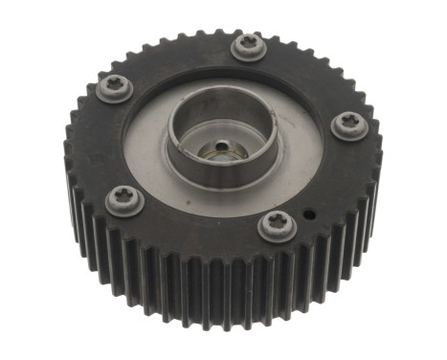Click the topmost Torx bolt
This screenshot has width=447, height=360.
pyautogui.click(x=249, y=45)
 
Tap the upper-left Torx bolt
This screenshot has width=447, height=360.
pyautogui.click(x=115, y=88)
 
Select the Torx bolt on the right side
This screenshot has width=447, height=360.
pyautogui.click(x=348, y=125)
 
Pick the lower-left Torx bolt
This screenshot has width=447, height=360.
pyautogui.click(x=124, y=200)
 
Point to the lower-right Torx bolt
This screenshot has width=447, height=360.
pyautogui.click(x=278, y=226)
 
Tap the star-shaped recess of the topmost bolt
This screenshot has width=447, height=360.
pyautogui.click(x=249, y=42)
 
